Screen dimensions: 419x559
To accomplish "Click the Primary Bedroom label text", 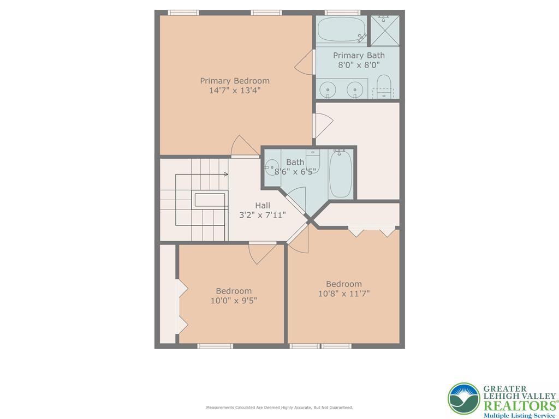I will pos(235,81).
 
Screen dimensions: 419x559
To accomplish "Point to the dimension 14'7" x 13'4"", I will pos(235,91).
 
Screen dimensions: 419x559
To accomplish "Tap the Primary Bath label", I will pos(359,55).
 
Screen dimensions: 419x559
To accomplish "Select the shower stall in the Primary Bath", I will pos(385,30).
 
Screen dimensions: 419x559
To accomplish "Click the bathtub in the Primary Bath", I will pos(342,30).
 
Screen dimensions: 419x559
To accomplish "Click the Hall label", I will pos(263,205).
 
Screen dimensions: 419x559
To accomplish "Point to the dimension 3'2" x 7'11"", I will pos(263,215).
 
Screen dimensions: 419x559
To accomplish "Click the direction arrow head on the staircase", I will pos(226,175).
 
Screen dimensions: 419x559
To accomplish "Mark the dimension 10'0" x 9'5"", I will pos(234,300).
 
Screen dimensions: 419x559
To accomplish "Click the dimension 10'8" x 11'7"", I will pos(344,294).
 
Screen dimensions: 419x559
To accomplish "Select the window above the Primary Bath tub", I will pos(342,13).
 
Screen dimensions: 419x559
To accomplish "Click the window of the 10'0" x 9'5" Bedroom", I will pos(215,346).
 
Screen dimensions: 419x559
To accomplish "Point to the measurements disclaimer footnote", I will pos(279,408).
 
